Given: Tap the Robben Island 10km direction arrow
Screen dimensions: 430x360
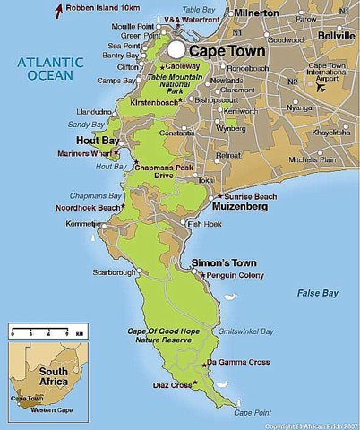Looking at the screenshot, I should click(58, 11).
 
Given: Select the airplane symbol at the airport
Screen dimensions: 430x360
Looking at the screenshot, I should click(320, 87).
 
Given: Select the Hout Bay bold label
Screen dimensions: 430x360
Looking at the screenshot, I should click(99, 141).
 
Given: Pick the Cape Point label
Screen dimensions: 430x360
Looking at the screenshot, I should click(250, 412).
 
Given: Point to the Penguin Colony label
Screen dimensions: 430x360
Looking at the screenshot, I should click(235, 275).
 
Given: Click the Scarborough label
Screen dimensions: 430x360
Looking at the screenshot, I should click(113, 271).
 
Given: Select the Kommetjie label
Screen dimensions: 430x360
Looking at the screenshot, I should click(83, 222).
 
